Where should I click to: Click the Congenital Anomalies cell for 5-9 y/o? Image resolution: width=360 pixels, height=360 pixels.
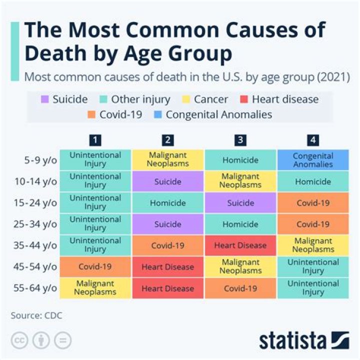coord(313,160)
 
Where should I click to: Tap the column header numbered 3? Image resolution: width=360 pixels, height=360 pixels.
coord(240,140)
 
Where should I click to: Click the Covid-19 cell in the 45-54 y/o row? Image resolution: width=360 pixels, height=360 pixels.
coord(95,267)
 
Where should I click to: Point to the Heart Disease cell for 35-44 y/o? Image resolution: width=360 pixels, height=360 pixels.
coord(240,245)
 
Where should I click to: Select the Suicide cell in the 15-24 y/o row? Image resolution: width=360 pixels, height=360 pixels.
coord(240,203)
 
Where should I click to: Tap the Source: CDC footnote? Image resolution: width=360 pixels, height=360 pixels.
coord(36,315)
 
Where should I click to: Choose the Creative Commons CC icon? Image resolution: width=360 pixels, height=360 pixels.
coord(18,340)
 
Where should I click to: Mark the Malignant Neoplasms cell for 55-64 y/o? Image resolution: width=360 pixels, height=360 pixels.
coord(95,288)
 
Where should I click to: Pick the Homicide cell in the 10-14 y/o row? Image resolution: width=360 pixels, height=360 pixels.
coord(313,181)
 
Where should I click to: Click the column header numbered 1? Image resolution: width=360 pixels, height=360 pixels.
coord(95,140)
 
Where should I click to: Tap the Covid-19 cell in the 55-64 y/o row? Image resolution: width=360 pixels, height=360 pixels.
coord(240,288)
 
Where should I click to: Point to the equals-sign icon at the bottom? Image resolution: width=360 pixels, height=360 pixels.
coord(62,340)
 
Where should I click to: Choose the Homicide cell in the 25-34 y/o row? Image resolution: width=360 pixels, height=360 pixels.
coord(240,224)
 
